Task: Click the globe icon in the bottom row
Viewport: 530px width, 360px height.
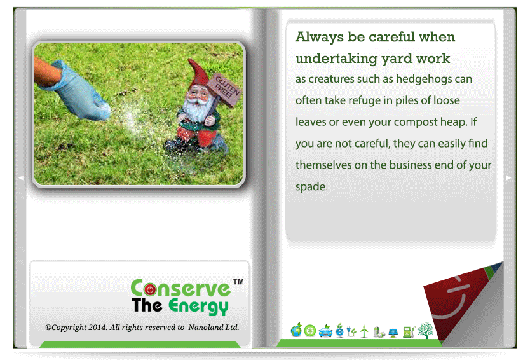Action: pyautogui.click(x=296, y=330)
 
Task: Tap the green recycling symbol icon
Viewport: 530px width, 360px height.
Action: pyautogui.click(x=310, y=331)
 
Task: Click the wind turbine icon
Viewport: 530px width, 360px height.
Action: pyautogui.click(x=364, y=331)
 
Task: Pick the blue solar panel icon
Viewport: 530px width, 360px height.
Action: pyautogui.click(x=393, y=333)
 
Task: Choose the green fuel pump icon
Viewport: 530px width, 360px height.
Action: pyautogui.click(x=409, y=331)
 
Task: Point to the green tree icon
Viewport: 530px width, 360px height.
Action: pyautogui.click(x=425, y=330)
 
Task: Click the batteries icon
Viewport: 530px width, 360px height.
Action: pyautogui.click(x=379, y=332)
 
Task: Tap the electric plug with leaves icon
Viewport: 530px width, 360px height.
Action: pyautogui.click(x=351, y=331)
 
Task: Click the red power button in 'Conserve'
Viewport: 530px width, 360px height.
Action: pyautogui.click(x=150, y=289)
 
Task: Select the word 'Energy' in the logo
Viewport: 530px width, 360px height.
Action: pyautogui.click(x=198, y=306)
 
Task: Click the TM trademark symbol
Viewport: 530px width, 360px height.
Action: pyautogui.click(x=238, y=282)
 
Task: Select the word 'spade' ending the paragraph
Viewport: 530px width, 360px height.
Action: pyautogui.click(x=311, y=187)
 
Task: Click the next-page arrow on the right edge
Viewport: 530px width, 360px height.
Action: pyautogui.click(x=508, y=177)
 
